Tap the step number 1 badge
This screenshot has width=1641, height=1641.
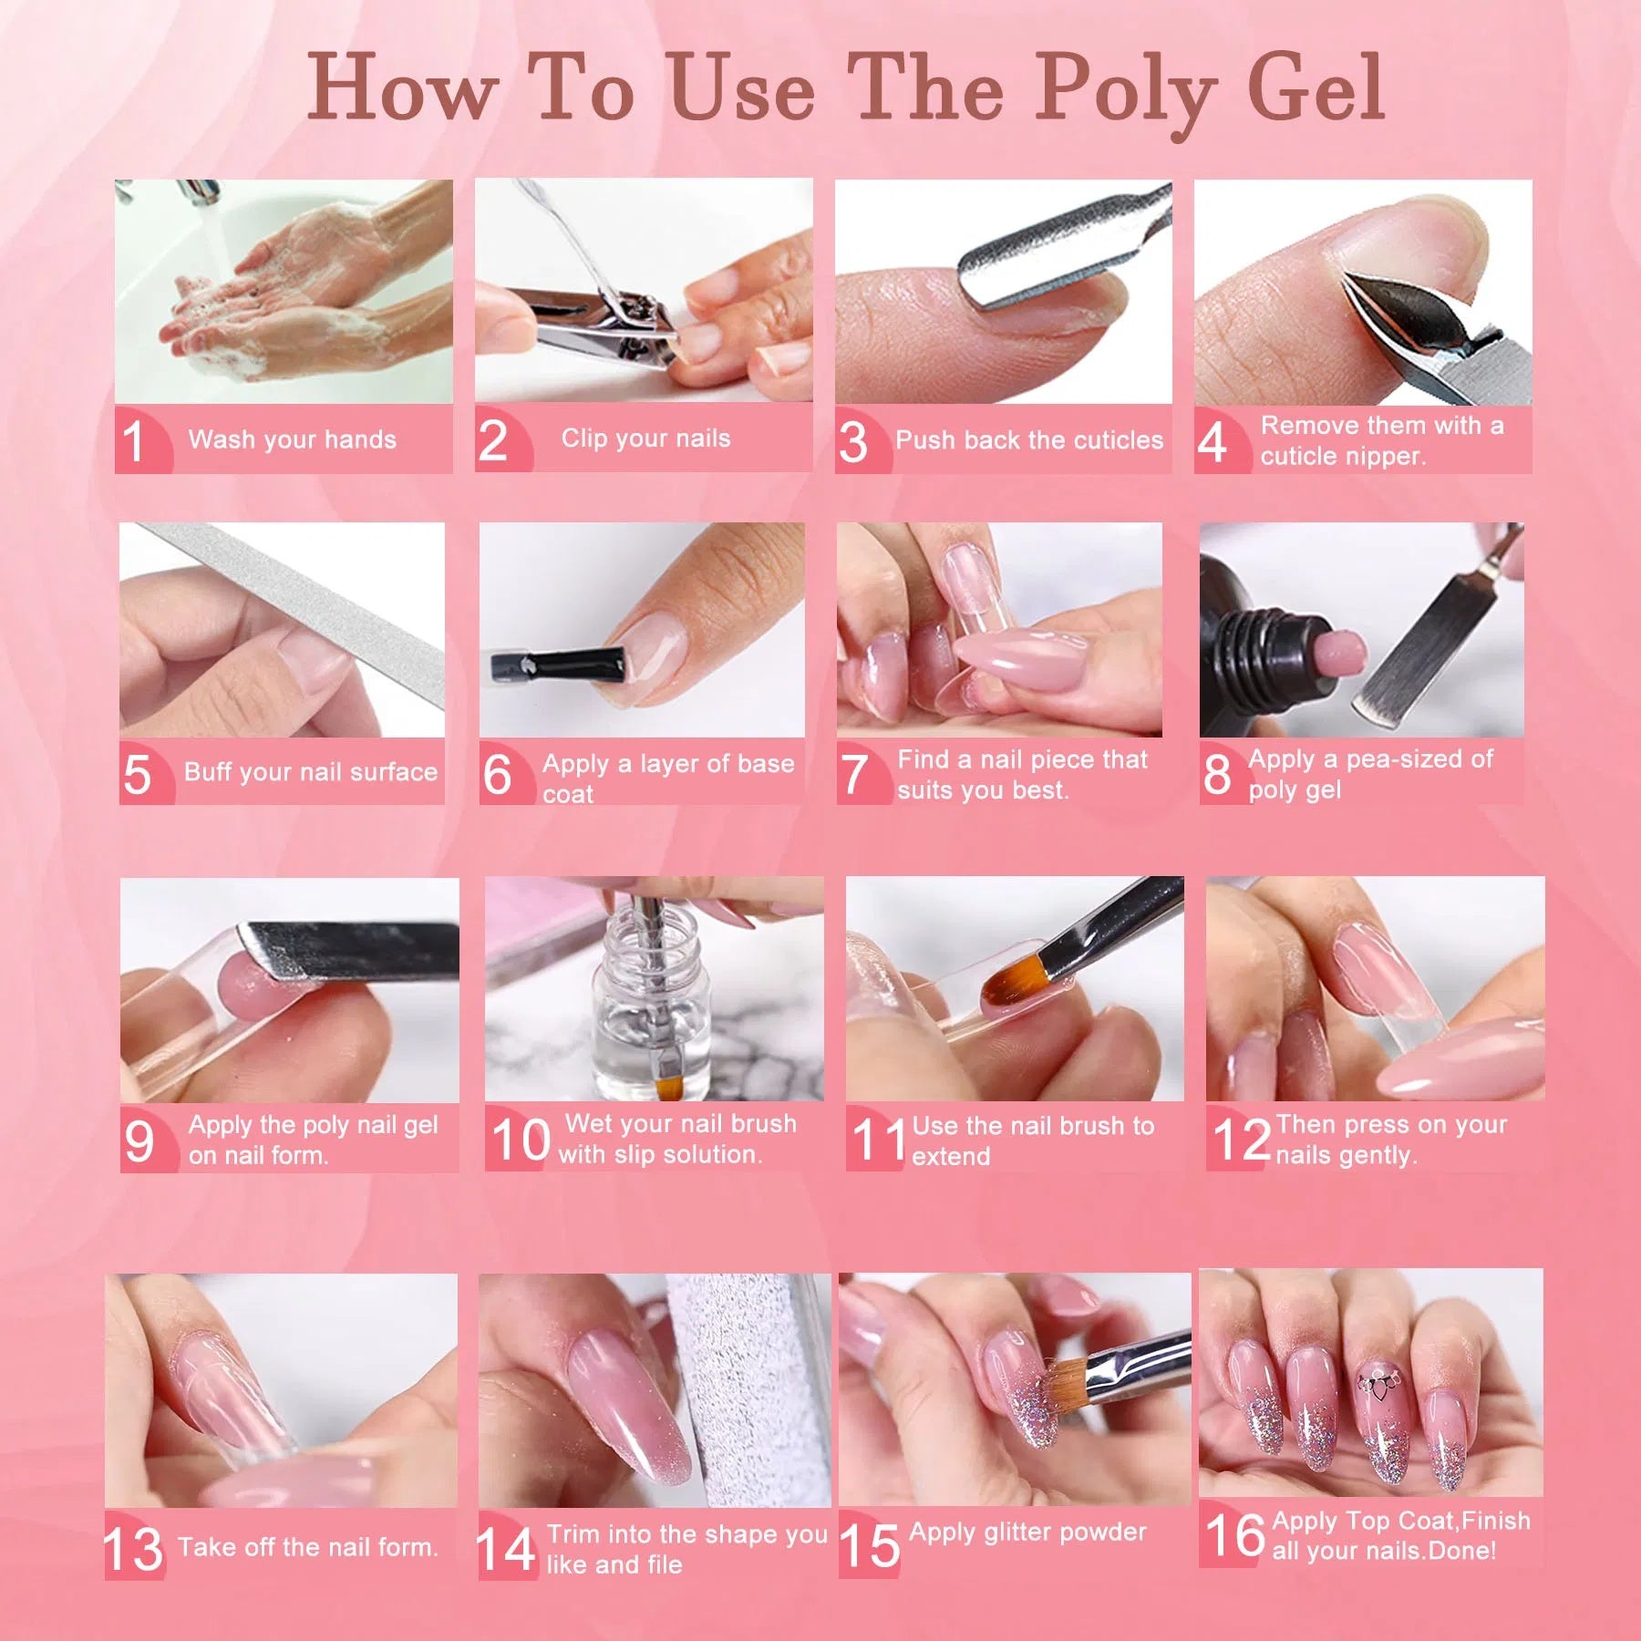(x=134, y=441)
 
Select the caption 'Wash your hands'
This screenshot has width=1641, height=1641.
(x=292, y=439)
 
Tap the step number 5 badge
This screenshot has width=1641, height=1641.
(x=137, y=774)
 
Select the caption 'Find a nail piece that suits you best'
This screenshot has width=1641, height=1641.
(x=1021, y=774)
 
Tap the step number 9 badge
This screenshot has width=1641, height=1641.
(x=139, y=1141)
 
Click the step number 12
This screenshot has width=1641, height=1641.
(x=1241, y=1140)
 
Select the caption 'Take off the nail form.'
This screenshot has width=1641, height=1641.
(x=308, y=1547)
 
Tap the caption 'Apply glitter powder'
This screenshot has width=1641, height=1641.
(x=1027, y=1533)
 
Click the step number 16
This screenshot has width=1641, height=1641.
(x=1234, y=1534)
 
